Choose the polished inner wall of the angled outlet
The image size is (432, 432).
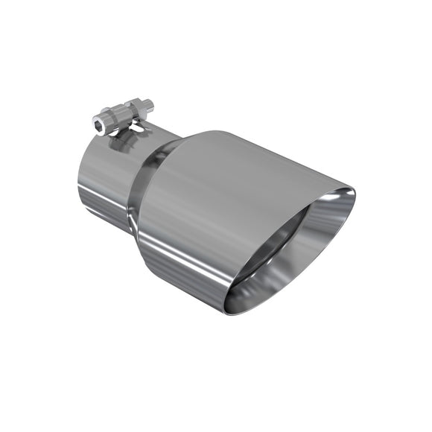coord(313,246)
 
